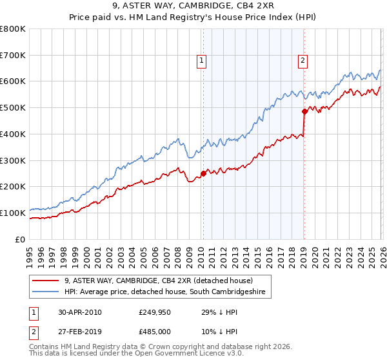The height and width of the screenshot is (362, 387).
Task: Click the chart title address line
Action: pyautogui.click(x=193, y=6)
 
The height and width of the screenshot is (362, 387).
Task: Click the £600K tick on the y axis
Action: pyautogui.click(x=13, y=81)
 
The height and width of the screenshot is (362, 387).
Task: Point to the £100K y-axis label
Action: pyautogui.click(x=13, y=213)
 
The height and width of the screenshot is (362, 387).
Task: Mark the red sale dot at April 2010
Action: pyautogui.click(x=203, y=173)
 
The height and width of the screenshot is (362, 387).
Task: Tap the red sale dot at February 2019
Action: pyautogui.click(x=304, y=111)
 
